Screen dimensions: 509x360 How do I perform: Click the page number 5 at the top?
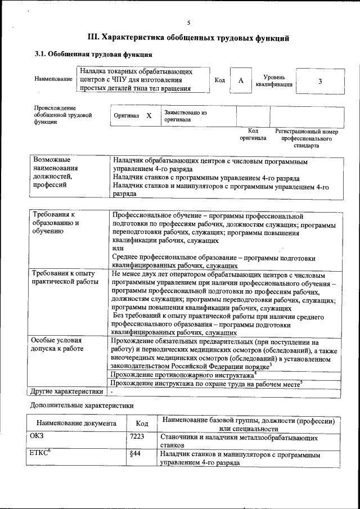click(189, 23)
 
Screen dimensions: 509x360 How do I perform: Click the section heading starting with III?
click(189, 38)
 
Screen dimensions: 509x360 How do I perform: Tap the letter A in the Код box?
click(240, 80)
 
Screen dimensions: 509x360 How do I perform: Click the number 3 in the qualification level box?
click(320, 80)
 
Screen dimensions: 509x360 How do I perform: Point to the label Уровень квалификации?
click(274, 80)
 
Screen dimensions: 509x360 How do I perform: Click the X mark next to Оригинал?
click(148, 115)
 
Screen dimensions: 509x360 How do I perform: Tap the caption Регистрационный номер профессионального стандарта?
click(307, 138)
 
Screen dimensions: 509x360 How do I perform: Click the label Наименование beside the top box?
click(53, 79)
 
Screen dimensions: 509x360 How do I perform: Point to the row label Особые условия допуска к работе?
click(57, 345)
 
